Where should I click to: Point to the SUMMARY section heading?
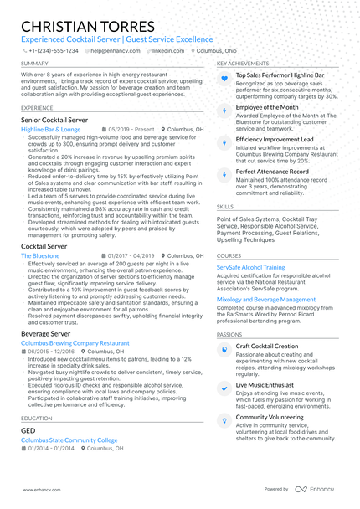pos(34,64)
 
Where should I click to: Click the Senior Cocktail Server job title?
pos(61,121)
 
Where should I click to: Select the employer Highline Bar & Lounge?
pos(51,131)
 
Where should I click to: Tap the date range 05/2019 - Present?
pos(131,131)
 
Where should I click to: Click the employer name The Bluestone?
pos(40,254)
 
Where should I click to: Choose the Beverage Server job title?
pos(46,333)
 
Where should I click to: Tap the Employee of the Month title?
pos(267,108)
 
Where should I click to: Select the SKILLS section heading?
pos(225,205)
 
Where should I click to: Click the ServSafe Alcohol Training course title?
pos(251,267)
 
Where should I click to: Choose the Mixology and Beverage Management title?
pos(266,299)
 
